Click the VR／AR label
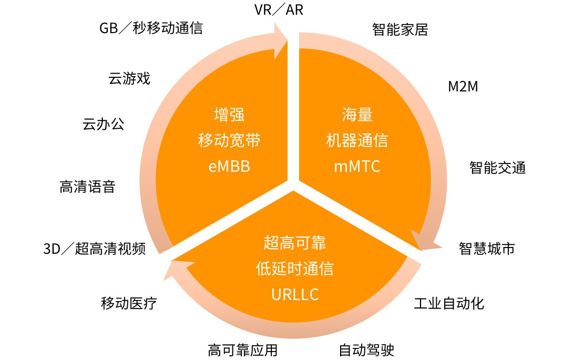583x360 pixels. [279, 10]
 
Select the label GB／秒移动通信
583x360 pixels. [151, 28]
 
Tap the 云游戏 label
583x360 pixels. [129, 79]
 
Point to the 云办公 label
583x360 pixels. [103, 125]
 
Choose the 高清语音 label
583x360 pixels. [87, 187]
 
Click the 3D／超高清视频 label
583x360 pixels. [94, 249]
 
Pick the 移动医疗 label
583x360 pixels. [129, 303]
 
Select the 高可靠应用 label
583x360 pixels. [242, 349]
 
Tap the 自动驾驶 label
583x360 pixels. [366, 349]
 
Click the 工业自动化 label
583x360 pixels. [449, 303]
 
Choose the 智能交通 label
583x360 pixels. [497, 168]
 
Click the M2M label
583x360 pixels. [463, 87]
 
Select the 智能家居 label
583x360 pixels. [400, 29]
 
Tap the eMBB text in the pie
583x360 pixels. [229, 167]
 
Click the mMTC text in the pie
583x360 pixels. [357, 167]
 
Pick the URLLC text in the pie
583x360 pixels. [295, 295]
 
